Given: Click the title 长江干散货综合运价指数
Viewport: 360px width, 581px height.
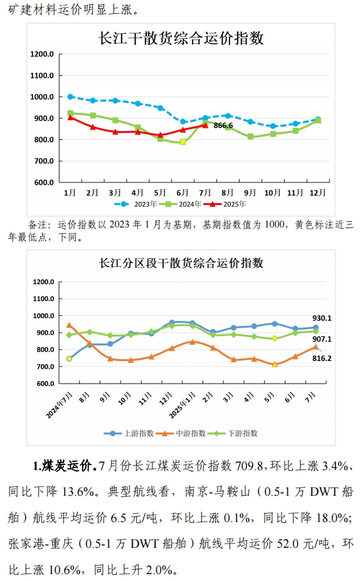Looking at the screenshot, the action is (181, 38).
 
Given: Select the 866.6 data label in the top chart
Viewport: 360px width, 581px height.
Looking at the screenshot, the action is (223, 125).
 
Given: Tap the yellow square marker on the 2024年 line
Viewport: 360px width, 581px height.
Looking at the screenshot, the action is (183, 142).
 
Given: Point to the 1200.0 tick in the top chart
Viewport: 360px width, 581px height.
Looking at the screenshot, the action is (42, 54).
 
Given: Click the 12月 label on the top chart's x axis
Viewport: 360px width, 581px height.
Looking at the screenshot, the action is (318, 192).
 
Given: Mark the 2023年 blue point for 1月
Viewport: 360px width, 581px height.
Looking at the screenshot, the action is (70, 97).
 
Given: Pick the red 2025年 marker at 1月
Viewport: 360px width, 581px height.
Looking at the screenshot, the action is (70, 117).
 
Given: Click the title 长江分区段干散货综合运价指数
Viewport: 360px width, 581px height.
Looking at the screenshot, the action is (181, 263).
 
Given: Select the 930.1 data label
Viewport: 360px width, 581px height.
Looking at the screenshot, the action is (322, 318).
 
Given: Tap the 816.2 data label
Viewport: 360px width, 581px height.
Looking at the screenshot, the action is (322, 359).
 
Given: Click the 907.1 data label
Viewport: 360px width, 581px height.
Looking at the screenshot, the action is (322, 339).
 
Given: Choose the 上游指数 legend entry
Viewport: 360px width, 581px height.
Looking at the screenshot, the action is (129, 434).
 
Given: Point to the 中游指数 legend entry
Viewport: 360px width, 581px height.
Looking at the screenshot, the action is (181, 434).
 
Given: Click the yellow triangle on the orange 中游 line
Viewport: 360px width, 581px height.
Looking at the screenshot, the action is (275, 364).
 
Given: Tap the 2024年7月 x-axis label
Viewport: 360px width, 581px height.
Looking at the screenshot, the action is (60, 406).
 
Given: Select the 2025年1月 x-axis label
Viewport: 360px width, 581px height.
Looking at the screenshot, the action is (183, 406).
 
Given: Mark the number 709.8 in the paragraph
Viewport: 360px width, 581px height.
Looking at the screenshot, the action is (249, 466).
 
